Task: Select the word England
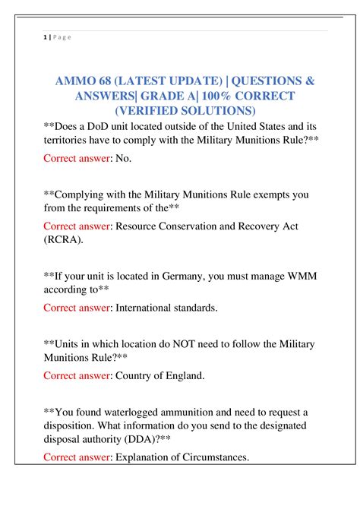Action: click(178, 375)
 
